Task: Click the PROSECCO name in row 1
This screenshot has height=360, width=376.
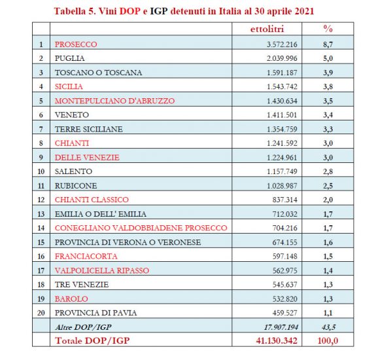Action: coord(76,45)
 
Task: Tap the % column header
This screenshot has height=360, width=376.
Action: coord(328,29)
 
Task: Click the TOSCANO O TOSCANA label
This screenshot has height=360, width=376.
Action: coord(98,73)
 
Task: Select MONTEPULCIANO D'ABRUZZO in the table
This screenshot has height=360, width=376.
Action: coord(114,101)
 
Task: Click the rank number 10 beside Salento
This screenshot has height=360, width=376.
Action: coord(41,157)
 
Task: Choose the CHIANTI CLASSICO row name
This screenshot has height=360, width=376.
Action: coord(92,200)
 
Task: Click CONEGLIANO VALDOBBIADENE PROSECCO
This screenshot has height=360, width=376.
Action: coord(141,228)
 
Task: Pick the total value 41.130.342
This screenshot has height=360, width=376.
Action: coord(276,341)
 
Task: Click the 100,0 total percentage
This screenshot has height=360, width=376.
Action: coord(329,341)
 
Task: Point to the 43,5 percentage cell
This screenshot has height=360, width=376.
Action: coord(329,327)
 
